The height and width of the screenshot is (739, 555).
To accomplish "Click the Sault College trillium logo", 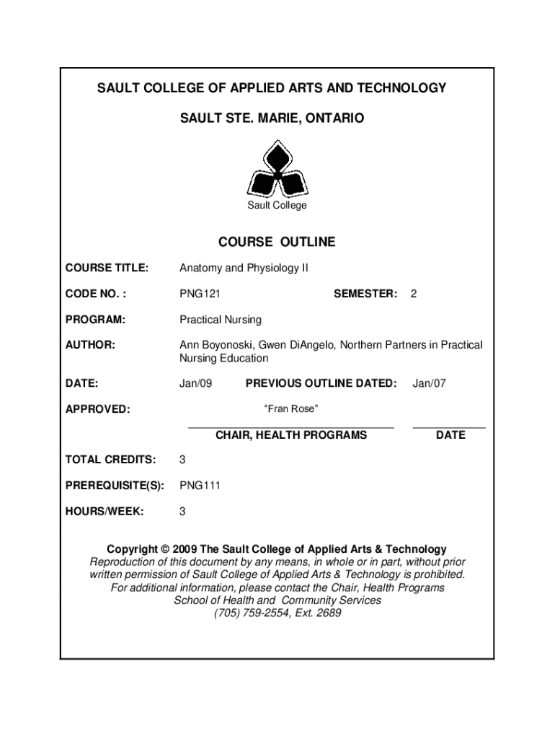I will click(x=277, y=170).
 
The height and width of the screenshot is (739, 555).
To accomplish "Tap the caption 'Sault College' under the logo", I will click(x=277, y=206).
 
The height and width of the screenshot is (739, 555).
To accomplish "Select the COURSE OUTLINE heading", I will click(x=277, y=242).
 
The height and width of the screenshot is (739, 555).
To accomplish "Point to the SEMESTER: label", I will click(x=365, y=294).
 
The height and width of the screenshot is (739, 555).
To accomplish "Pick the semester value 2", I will click(x=414, y=294).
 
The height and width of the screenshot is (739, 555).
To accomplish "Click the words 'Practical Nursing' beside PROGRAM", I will click(x=221, y=320).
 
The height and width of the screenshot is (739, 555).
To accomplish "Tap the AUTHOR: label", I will click(x=90, y=345).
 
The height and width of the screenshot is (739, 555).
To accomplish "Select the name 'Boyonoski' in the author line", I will click(x=228, y=345).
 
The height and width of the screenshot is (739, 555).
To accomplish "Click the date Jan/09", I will click(x=196, y=384).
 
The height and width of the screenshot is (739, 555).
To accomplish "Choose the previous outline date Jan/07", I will click(x=429, y=384).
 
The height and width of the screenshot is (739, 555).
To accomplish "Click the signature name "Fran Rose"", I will click(x=292, y=410).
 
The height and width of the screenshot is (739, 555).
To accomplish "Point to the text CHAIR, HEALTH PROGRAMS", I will click(x=291, y=435).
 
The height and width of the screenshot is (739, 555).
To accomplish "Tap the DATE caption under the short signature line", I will click(x=450, y=435).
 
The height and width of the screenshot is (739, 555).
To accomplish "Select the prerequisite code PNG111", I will click(x=200, y=486).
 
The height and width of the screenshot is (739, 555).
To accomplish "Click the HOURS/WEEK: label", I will click(x=105, y=512).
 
